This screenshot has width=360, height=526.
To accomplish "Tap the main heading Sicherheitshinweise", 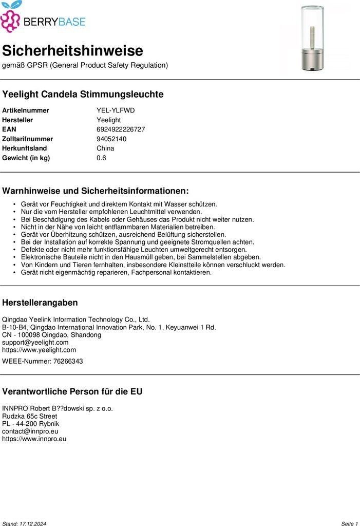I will point(72,51).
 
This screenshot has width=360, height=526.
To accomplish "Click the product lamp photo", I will point(313,39).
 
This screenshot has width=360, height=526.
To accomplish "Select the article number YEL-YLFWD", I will point(116,110).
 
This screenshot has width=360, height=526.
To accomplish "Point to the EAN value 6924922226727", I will point(121,129).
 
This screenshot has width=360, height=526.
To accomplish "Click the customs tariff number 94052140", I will point(111,139).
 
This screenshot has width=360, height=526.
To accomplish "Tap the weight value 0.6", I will point(101,158).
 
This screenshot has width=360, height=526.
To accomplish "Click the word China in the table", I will point(105,148).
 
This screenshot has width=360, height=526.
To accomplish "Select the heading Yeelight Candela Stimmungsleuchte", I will point(83,95).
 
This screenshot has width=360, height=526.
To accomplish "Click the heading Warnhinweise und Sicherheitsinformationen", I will point(96,191).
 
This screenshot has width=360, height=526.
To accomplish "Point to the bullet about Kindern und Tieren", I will point(153,265).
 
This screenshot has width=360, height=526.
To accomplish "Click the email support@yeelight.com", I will point(35,342).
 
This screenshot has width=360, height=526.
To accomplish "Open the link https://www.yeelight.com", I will point(39,350).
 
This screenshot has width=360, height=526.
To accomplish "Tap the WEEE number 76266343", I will point(68,361).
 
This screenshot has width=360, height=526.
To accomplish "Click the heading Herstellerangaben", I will point(40,303).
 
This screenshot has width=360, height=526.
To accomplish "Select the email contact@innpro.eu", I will point(30,431).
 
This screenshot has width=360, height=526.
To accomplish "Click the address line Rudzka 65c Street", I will point(29,416).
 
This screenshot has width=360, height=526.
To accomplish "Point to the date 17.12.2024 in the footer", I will point(33,523).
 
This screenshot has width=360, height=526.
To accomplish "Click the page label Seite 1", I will point(349,523).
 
